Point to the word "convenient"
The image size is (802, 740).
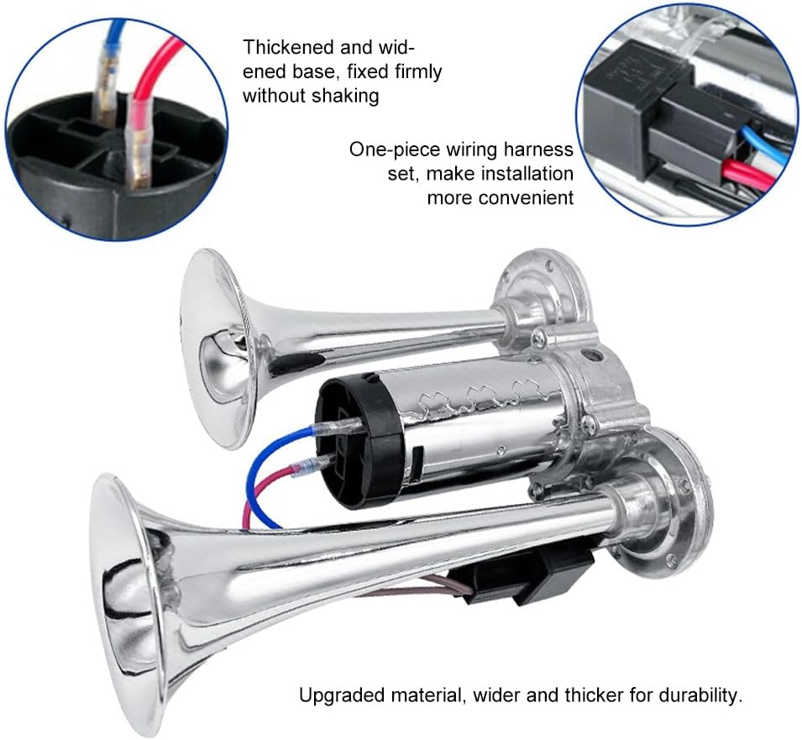tap(501, 197)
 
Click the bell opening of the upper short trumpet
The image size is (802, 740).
tap(218, 349)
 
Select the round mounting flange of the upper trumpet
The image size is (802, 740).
tap(543, 291)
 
